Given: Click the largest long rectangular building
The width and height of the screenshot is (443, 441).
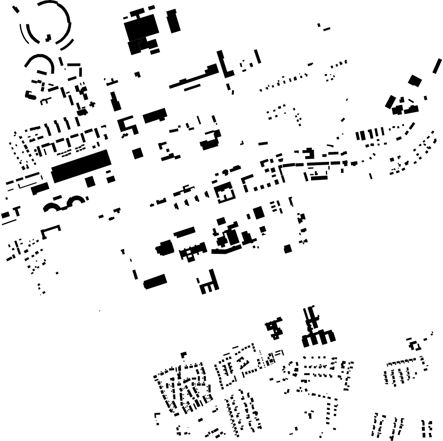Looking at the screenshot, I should [80, 166].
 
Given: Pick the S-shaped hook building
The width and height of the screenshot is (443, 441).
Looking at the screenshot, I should [128, 125].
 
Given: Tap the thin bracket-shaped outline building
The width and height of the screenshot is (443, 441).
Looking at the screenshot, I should [51, 231].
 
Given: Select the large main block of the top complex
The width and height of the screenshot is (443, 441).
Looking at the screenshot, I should [141, 28].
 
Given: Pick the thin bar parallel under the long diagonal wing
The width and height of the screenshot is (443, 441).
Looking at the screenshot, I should [191, 87].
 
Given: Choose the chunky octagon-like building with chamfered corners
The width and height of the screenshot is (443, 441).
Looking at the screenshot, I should [164, 248].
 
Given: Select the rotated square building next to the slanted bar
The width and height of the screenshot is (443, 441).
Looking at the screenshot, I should [414, 80].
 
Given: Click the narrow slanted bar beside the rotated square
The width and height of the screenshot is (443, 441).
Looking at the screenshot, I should [437, 66].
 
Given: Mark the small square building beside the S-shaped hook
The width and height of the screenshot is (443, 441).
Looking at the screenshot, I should [138, 153].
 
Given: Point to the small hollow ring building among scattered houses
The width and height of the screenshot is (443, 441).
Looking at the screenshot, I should [414, 345].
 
